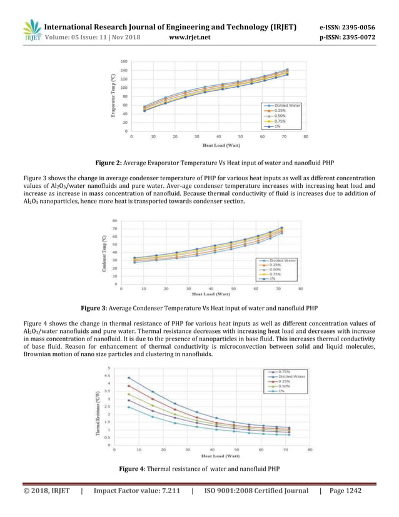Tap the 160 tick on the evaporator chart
[x=124, y=61]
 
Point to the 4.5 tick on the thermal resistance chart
[x=108, y=376]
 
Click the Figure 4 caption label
[x=136, y=468]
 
